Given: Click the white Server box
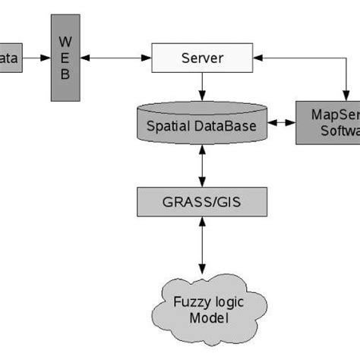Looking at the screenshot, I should pos(202,58).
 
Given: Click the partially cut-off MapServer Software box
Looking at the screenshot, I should pos(327,123).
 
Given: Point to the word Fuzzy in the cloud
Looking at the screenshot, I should pos(183,302).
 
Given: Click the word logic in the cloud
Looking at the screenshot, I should pos(220,302).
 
